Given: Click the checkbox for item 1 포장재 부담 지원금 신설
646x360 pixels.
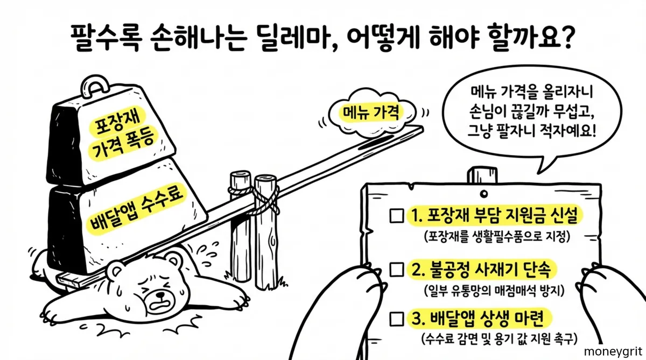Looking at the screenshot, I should pyautogui.click(x=396, y=216).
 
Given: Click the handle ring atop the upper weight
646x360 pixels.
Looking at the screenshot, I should pyautogui.click(x=96, y=87).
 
